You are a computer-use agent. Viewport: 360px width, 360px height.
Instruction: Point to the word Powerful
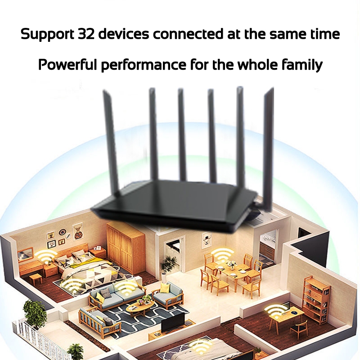[67, 65]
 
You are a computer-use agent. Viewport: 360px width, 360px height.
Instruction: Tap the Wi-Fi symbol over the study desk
[276, 310]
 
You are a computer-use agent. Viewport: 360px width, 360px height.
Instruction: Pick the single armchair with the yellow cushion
[167, 295]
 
